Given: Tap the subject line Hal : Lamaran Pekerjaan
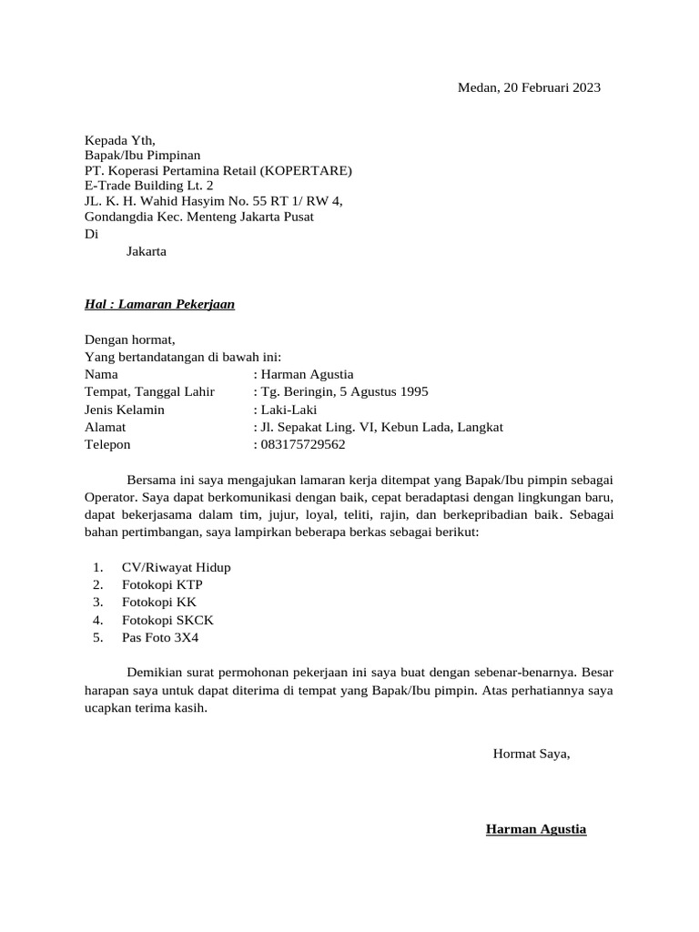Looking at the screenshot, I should [159, 304].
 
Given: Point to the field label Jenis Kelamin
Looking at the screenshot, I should [125, 410].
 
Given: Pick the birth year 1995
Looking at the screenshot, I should [410, 392].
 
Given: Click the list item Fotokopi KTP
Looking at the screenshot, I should [162, 584].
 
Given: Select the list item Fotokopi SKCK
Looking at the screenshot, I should [167, 620].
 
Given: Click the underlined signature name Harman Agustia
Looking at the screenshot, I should [536, 829].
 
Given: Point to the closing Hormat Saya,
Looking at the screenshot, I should [532, 753].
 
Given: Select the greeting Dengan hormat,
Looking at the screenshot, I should [129, 339].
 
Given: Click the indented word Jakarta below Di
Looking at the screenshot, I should [146, 250].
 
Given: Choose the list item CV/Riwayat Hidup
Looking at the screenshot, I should [176, 567].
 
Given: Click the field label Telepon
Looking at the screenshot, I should [107, 444].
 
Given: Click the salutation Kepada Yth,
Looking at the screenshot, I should [120, 140].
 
